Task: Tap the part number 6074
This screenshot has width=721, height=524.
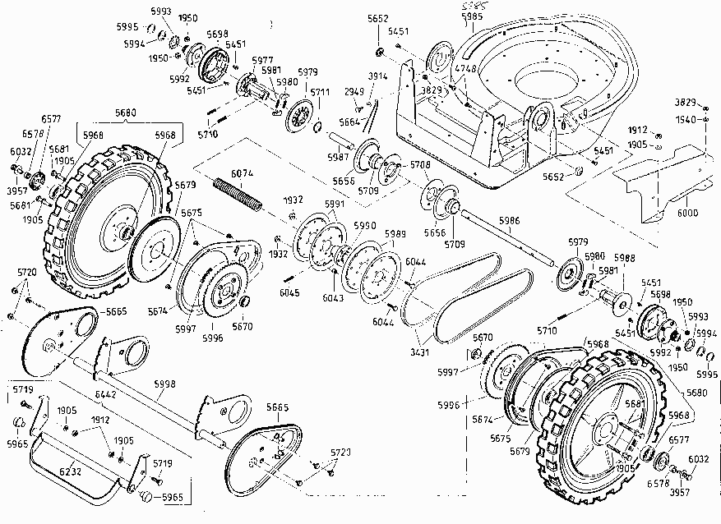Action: [x=242, y=173]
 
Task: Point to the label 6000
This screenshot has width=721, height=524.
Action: [x=687, y=213]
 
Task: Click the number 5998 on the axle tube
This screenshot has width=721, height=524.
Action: [x=164, y=384]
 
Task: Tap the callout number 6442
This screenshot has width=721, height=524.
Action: [x=106, y=395]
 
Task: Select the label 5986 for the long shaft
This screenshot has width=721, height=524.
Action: [x=509, y=221]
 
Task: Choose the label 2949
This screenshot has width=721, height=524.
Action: [x=354, y=91]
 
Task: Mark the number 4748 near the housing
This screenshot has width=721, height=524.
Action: [x=464, y=68]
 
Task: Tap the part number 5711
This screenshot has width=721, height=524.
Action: [x=319, y=92]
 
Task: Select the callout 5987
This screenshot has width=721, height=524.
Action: [x=338, y=156]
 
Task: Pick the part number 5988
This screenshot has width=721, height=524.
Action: [x=625, y=257]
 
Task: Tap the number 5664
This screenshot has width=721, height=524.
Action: [x=350, y=122]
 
